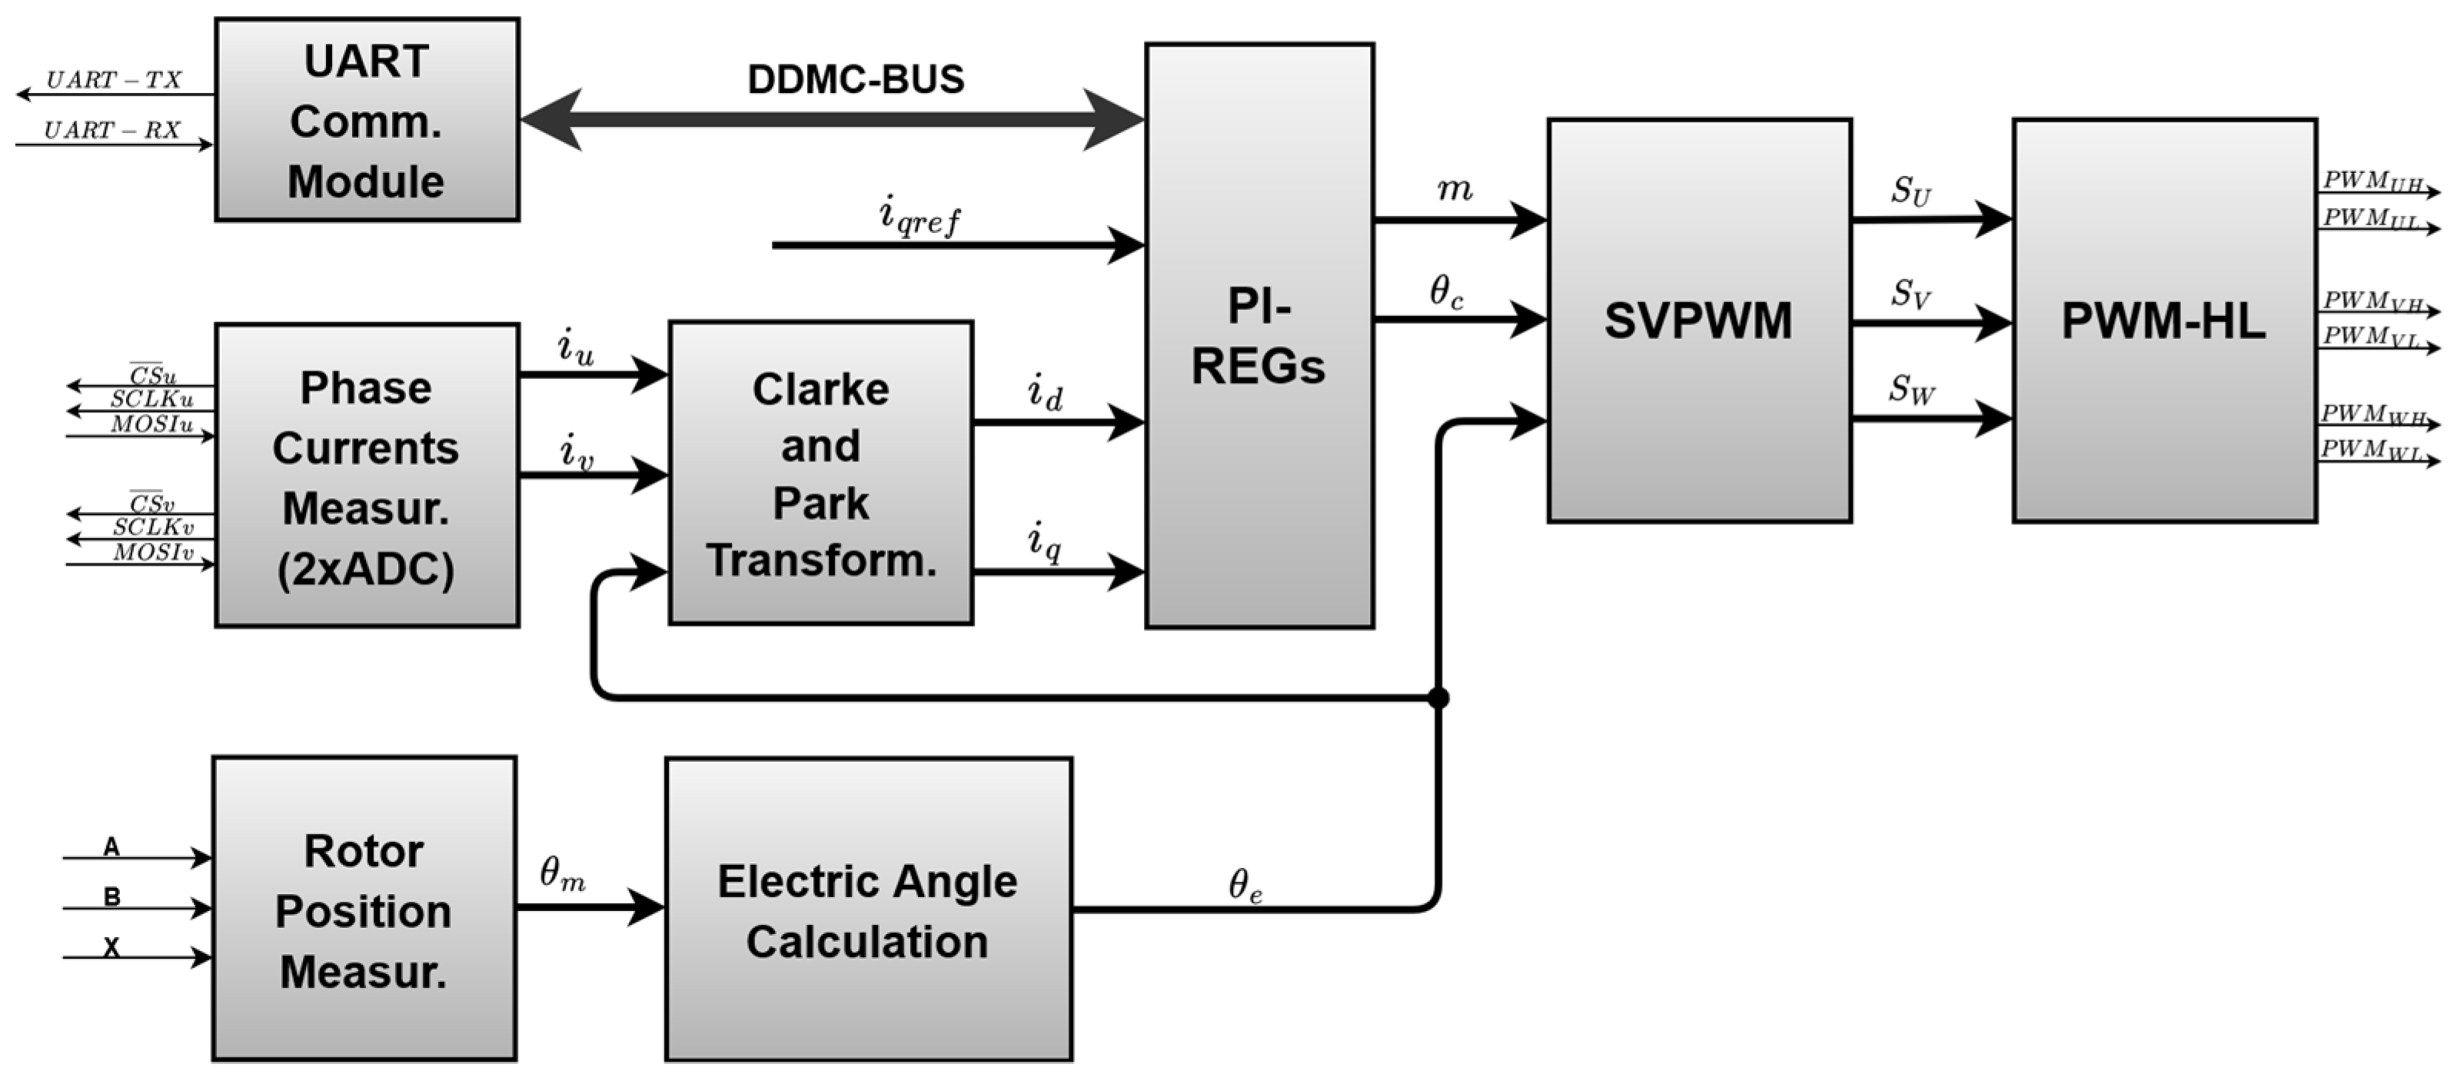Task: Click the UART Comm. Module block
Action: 367,121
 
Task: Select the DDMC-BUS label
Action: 855,79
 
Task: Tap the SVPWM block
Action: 1699,321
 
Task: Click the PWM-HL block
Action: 2163,321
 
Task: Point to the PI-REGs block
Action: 1259,336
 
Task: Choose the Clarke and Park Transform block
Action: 821,474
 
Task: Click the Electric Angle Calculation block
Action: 867,910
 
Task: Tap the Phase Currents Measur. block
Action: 367,477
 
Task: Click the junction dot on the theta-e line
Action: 1438,697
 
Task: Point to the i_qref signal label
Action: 918,215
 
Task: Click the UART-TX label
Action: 114,81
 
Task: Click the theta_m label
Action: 563,873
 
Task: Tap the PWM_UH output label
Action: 2373,181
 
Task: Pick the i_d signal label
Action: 1045,392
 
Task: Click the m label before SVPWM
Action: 1454,189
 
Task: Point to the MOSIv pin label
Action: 153,553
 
